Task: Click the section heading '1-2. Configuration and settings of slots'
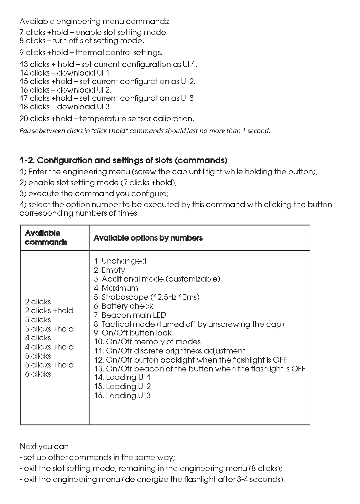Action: [x=123, y=160]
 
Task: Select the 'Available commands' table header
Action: [x=46, y=238]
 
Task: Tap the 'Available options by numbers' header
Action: [x=148, y=238]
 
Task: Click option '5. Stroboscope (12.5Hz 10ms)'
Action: [x=146, y=297]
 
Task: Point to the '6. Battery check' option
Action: [x=123, y=306]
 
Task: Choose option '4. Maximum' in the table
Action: [x=116, y=288]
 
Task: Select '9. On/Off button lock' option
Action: [x=132, y=333]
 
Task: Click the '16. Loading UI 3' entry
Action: [x=122, y=396]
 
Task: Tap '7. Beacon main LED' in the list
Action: [x=130, y=315]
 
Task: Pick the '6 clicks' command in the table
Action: [x=38, y=374]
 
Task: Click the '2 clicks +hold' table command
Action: [x=49, y=311]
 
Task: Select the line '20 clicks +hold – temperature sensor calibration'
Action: [x=107, y=119]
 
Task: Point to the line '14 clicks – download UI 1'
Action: [x=64, y=73]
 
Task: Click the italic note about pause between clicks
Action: [x=145, y=131]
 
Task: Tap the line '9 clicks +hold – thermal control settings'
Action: [x=91, y=52]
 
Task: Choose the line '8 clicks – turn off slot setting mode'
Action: [x=82, y=41]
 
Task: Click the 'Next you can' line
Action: [x=44, y=446]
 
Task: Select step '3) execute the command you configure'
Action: [x=94, y=193]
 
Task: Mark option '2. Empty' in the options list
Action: [x=109, y=270]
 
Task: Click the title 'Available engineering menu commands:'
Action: [x=94, y=22]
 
